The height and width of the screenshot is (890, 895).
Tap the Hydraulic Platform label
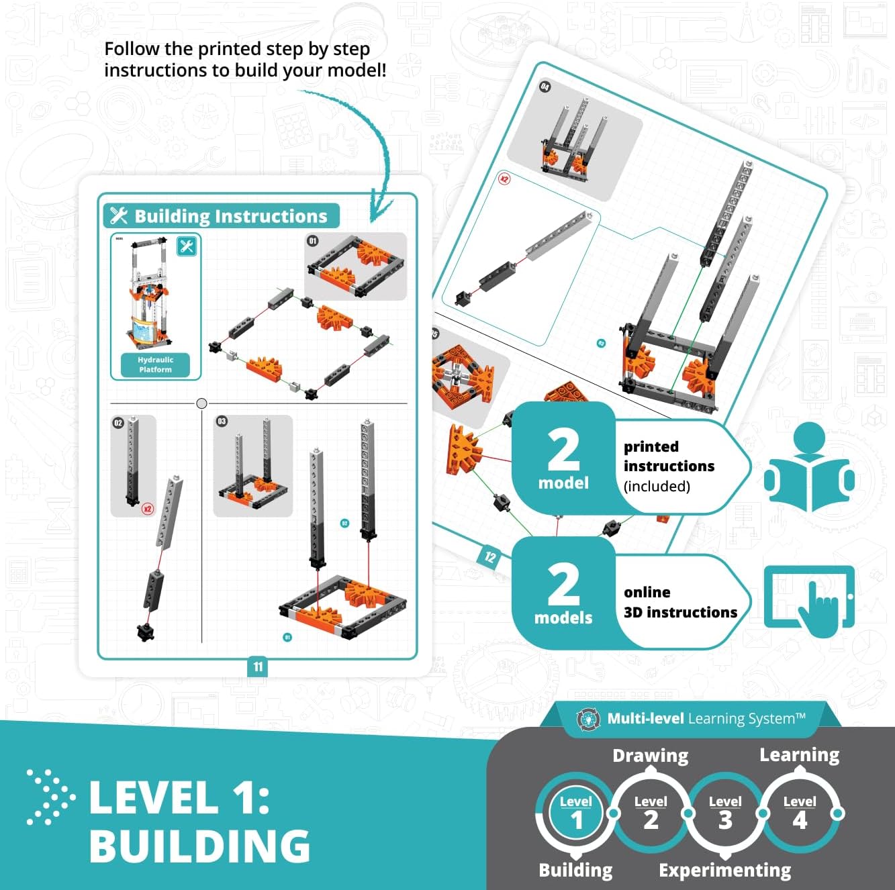pos(155,364)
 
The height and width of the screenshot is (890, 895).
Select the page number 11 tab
pos(258,666)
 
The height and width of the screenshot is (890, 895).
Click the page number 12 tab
pos(490,556)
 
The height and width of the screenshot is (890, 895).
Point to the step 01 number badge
pos(312,241)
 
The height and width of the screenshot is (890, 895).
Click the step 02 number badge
pos(118,423)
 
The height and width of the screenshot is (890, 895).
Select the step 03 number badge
pos(222,422)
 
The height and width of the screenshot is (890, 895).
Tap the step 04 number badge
pos(545,87)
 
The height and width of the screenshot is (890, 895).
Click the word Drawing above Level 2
pos(650,756)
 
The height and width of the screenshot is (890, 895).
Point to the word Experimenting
pos(724,870)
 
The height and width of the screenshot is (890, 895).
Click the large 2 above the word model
pos(563,450)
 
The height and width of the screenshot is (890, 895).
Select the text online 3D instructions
pos(679,602)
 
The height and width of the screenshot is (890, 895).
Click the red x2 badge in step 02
pos(148,508)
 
